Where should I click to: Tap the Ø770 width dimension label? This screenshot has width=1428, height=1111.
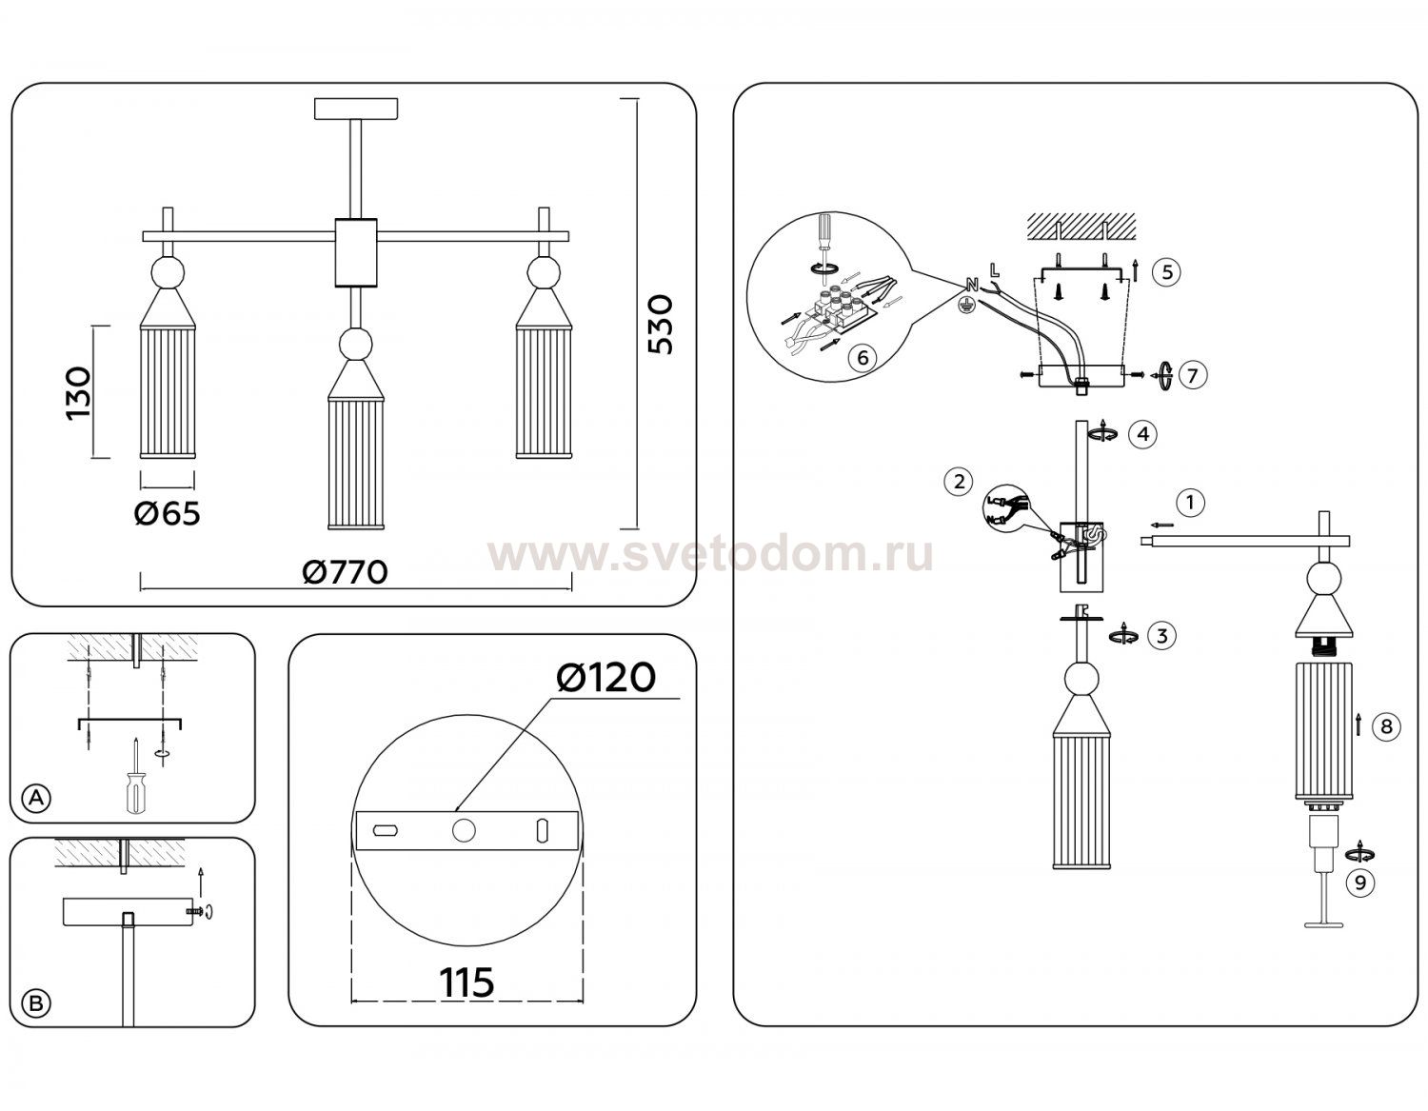(x=345, y=572)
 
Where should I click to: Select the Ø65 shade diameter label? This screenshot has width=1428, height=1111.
(x=167, y=513)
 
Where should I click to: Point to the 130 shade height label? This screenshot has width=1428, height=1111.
(x=78, y=393)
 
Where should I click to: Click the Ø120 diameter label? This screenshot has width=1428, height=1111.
(x=605, y=678)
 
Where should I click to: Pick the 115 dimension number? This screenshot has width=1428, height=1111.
(x=466, y=982)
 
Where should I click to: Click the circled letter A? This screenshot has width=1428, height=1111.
(x=37, y=799)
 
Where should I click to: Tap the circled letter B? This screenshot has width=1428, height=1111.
(x=37, y=1003)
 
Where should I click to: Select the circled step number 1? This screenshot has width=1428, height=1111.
(x=1190, y=504)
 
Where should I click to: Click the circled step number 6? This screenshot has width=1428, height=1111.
(x=863, y=357)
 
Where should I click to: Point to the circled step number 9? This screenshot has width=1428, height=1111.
(x=1360, y=883)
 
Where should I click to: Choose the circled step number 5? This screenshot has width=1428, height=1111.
(x=1167, y=271)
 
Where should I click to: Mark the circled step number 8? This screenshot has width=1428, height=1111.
(x=1387, y=726)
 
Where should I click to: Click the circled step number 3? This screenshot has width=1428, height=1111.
(x=1161, y=635)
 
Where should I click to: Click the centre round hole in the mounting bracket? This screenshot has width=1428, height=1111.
(x=464, y=830)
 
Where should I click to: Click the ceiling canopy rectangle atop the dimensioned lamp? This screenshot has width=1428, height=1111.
(x=356, y=109)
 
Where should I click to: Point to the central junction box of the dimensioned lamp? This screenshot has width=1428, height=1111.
(x=356, y=253)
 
